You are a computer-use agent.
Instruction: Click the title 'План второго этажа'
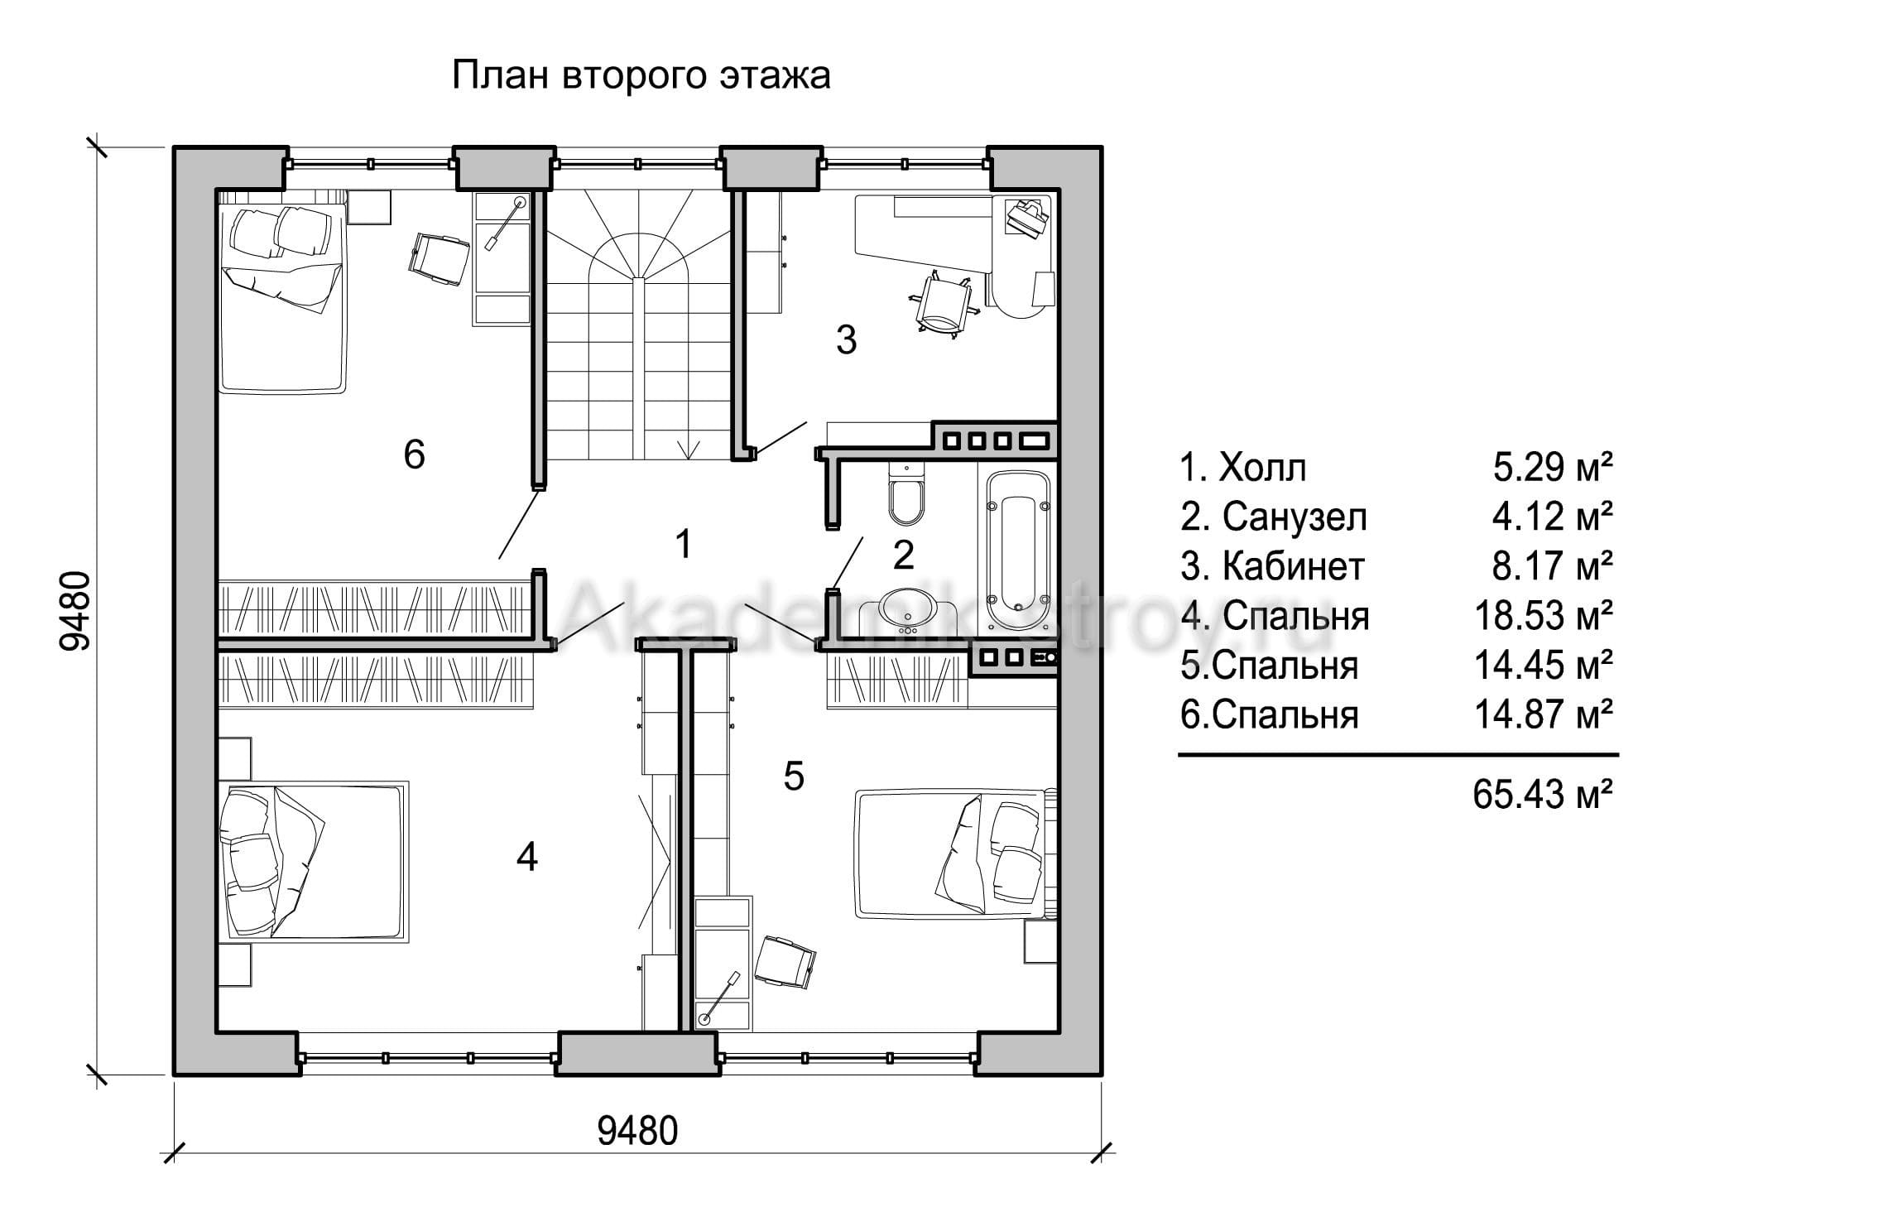(641, 76)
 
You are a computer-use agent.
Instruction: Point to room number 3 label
(846, 339)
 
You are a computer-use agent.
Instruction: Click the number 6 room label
(414, 454)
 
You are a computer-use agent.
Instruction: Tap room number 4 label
(527, 857)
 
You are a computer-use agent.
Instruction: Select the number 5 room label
(793, 777)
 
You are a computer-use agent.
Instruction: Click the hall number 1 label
(683, 544)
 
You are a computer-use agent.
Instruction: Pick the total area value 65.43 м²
(1543, 794)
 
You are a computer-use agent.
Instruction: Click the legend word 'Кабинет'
(1293, 566)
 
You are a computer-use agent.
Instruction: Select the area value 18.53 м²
(1544, 616)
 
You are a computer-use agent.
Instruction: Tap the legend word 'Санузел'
(1295, 517)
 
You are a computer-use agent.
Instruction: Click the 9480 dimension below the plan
(637, 1130)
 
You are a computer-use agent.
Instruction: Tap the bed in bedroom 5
(955, 853)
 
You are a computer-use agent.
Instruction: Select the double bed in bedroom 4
(313, 861)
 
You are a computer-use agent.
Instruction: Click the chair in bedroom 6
(439, 258)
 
